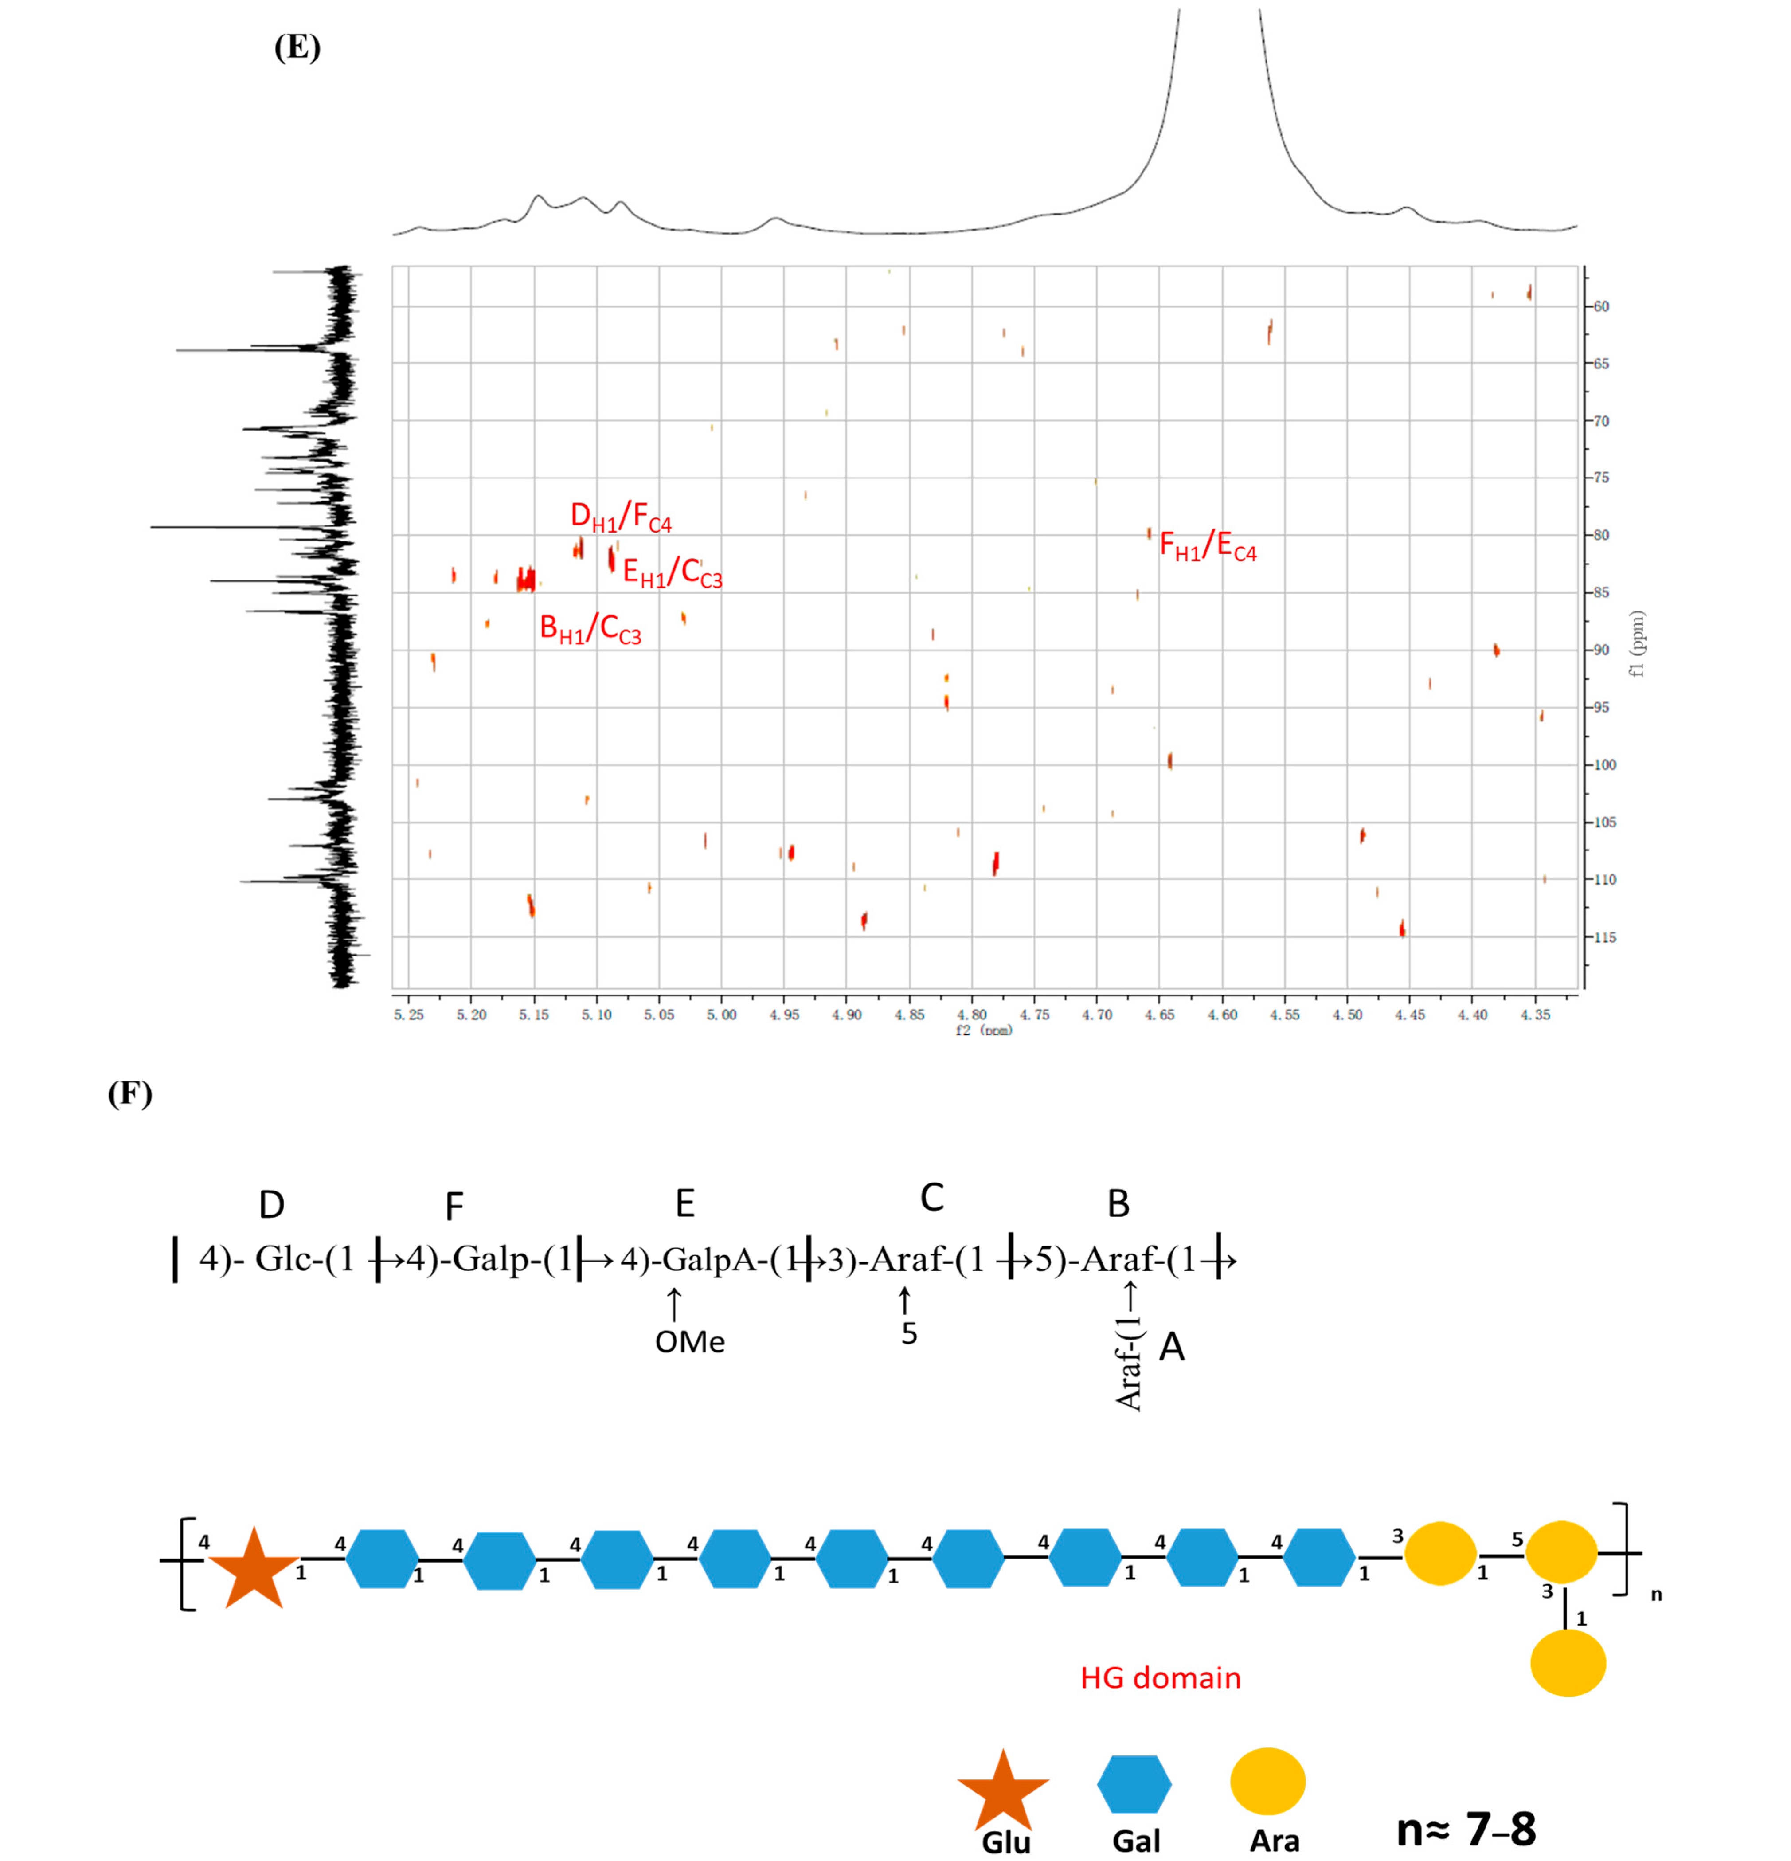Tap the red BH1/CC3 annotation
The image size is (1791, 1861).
pos(590,629)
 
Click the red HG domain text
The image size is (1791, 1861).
pos(1160,1678)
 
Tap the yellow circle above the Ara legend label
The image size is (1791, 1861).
pos(1267,1781)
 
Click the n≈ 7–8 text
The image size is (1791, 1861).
pos(1466,1828)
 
